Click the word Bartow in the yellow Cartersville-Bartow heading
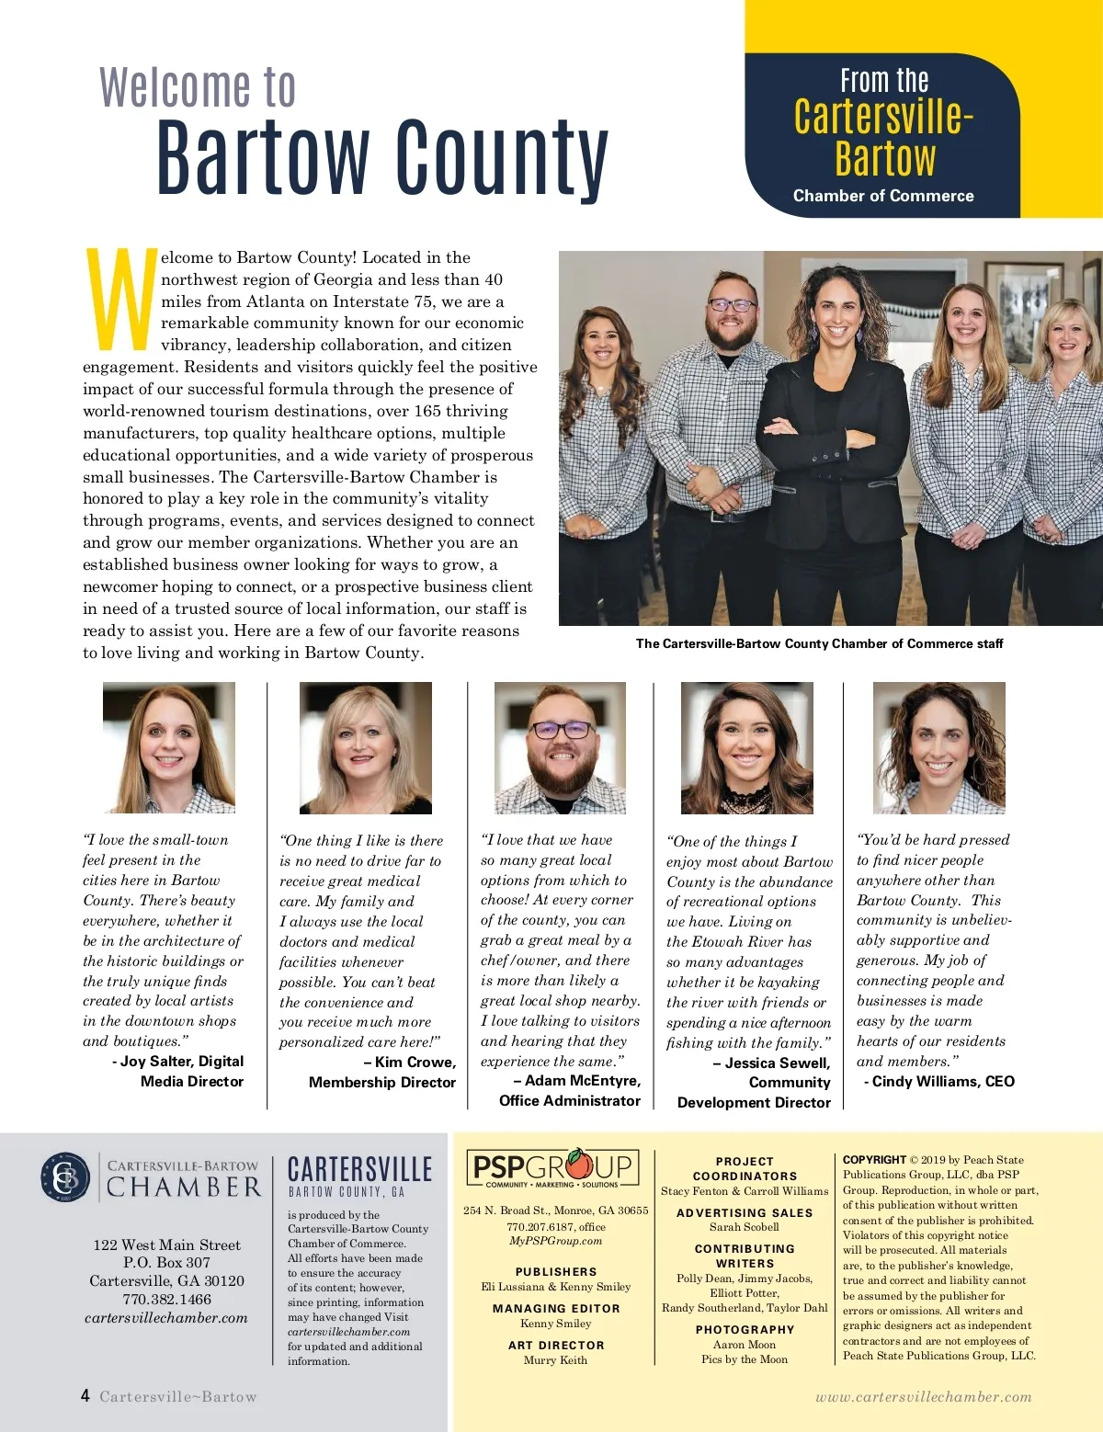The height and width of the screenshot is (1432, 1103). pos(885,157)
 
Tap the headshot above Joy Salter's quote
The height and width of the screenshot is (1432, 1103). pos(169,747)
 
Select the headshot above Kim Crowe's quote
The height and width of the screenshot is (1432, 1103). pos(366,747)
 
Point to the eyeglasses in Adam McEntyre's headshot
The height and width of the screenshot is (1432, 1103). pos(560,731)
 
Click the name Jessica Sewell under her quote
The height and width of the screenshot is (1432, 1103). pos(777,1063)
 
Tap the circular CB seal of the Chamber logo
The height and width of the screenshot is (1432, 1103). pos(65,1177)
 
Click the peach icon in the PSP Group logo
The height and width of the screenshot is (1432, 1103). pos(579,1165)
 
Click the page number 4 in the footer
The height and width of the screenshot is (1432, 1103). pos(85,1395)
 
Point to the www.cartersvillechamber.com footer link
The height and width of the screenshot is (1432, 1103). pos(924,1396)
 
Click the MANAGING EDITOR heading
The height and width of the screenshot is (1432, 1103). pos(556,1308)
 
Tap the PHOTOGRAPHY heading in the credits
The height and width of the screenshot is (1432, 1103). pos(745,1329)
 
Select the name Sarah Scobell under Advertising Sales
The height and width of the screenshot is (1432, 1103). pos(745,1227)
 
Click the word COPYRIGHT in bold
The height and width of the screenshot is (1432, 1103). pos(874,1160)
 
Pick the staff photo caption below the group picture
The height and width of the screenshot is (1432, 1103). pos(819,643)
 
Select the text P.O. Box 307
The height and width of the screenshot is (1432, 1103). pos(166,1262)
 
